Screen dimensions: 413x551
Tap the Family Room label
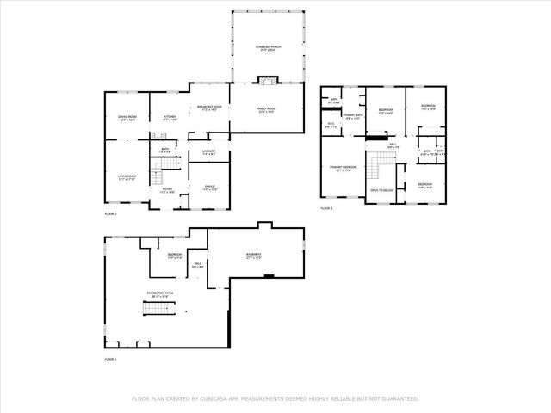pos(267,109)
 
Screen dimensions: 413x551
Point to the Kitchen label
pos(170,118)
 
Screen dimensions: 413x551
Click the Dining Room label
pos(127,118)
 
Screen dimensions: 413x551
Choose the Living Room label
pos(127,177)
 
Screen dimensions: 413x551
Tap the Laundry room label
pos(208,152)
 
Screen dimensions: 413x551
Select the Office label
pos(208,188)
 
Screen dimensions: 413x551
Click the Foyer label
pos(168,190)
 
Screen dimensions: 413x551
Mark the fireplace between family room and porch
pos(266,83)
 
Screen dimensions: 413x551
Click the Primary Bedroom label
pos(344,169)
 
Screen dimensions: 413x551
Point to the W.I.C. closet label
pos(331,125)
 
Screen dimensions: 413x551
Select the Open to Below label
pos(381,190)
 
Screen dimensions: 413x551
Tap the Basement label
pos(253,256)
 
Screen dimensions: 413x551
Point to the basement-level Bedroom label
pos(175,256)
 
